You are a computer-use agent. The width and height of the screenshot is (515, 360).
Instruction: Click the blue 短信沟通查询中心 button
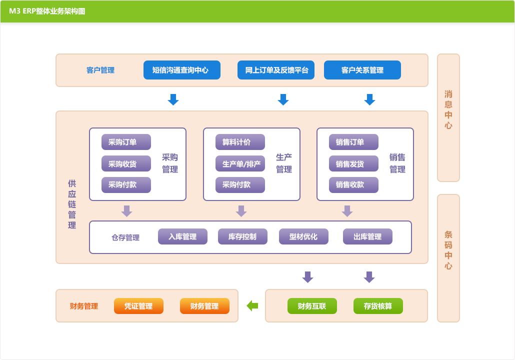click(182, 70)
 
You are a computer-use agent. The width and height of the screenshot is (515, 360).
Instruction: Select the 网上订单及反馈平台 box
click(276, 70)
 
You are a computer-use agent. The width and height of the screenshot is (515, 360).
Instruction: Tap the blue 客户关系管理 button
click(362, 70)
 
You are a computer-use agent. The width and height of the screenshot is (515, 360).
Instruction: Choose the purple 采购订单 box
click(126, 142)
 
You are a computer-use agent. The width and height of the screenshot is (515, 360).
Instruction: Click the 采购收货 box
click(126, 163)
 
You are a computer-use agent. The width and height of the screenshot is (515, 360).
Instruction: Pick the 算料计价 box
click(240, 142)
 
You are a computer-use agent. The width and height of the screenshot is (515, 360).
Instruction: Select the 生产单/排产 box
click(240, 163)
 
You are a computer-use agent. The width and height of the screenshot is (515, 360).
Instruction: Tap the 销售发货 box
click(353, 163)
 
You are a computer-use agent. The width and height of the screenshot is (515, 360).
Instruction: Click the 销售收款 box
click(353, 184)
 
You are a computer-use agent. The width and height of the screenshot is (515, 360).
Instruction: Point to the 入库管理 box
click(182, 236)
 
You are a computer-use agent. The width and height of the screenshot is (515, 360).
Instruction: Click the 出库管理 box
click(367, 236)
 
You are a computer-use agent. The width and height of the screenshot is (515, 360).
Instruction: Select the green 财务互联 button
click(312, 306)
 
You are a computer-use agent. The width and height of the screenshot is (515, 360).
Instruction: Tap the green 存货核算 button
click(378, 306)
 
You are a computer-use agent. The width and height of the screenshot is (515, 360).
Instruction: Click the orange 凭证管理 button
click(138, 306)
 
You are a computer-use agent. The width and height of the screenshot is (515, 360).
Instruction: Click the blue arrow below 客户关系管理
click(369, 99)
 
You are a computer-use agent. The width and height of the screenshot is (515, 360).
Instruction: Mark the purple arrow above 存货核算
click(369, 276)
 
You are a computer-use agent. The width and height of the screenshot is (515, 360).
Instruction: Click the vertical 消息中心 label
click(448, 110)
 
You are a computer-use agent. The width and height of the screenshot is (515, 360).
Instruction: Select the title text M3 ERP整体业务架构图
click(47, 11)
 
